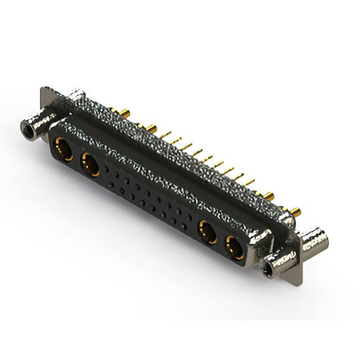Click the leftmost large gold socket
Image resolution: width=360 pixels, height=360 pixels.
pos(61,150)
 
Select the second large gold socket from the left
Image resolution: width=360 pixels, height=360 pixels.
pos(89,164)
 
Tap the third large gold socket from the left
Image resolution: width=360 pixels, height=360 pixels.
pos(207,231)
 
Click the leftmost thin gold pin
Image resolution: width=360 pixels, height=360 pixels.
pos(165,135)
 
